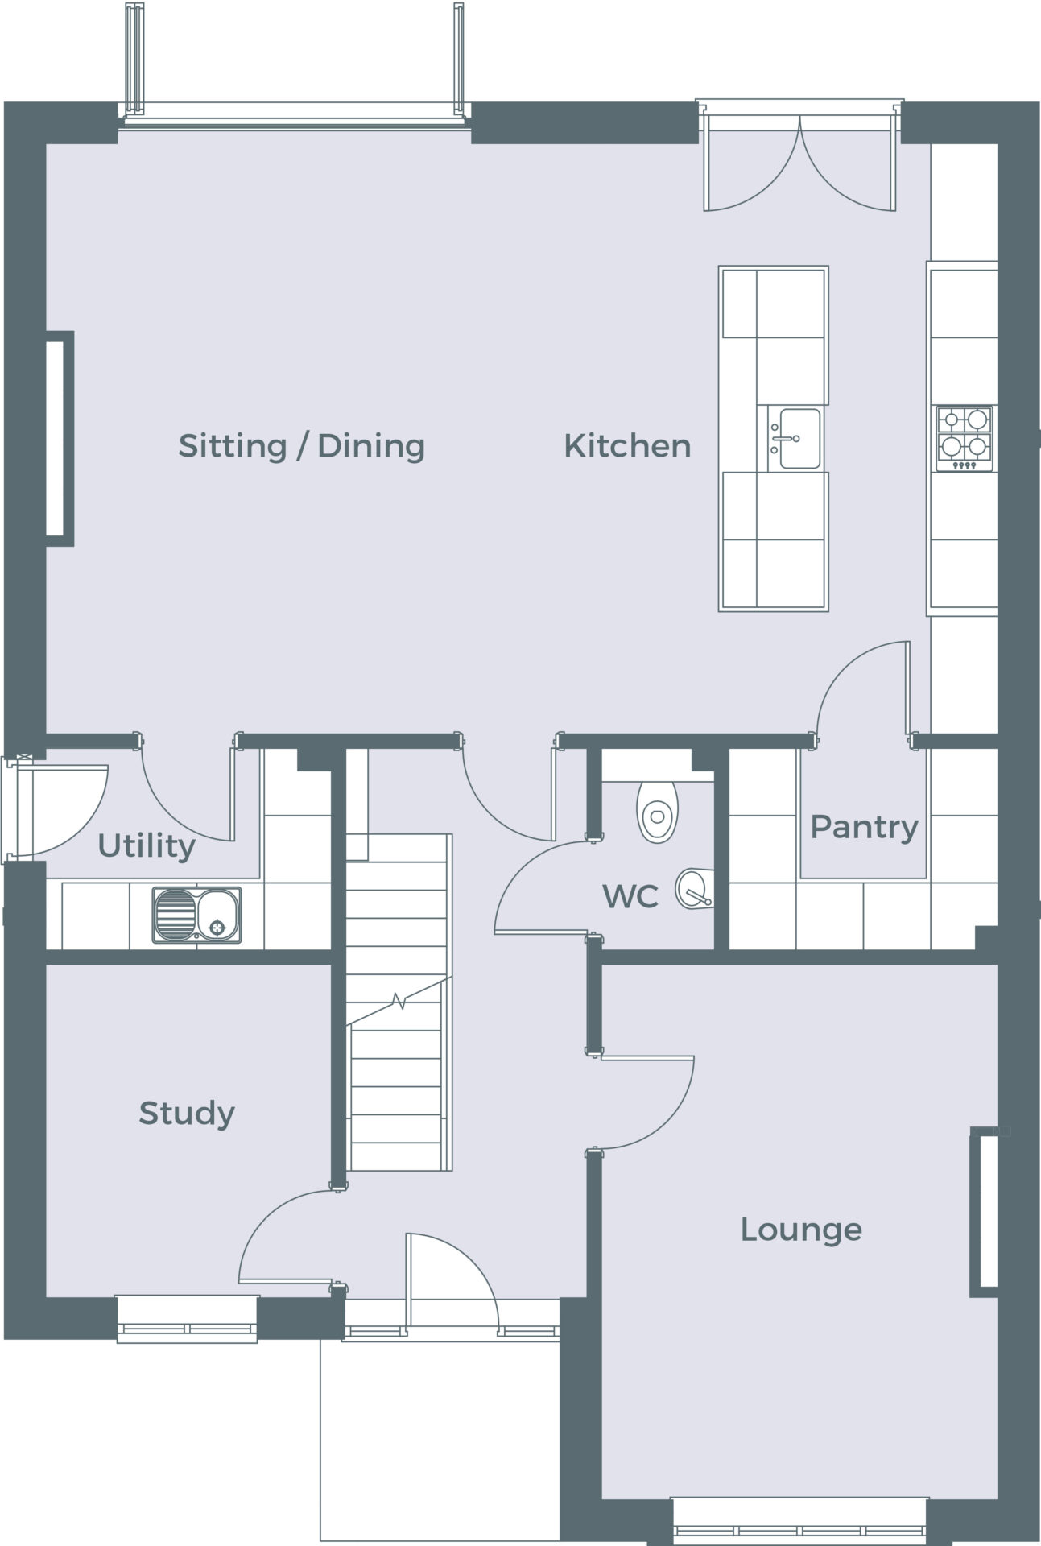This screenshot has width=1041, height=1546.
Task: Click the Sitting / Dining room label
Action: coord(301,446)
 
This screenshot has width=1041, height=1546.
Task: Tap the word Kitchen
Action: coord(627,446)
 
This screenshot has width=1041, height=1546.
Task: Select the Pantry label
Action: coord(864,828)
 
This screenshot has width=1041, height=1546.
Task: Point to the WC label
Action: coord(630,896)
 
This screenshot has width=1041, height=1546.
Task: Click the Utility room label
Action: coord(147,846)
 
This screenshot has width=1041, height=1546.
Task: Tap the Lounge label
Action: coord(801,1230)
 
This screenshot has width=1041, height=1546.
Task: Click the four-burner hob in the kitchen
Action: coord(964,439)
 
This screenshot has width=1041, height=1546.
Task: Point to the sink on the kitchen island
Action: coord(793,439)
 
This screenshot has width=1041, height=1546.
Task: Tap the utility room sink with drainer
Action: coord(196,915)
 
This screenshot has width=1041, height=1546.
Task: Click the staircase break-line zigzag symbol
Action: coord(399,1002)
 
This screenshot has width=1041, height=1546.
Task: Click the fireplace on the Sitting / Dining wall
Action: coord(60,439)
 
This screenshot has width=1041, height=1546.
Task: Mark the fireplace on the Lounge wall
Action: coord(985,1212)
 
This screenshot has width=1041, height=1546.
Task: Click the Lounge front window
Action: coord(800,1521)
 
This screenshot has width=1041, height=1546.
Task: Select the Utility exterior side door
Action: coord(55,808)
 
